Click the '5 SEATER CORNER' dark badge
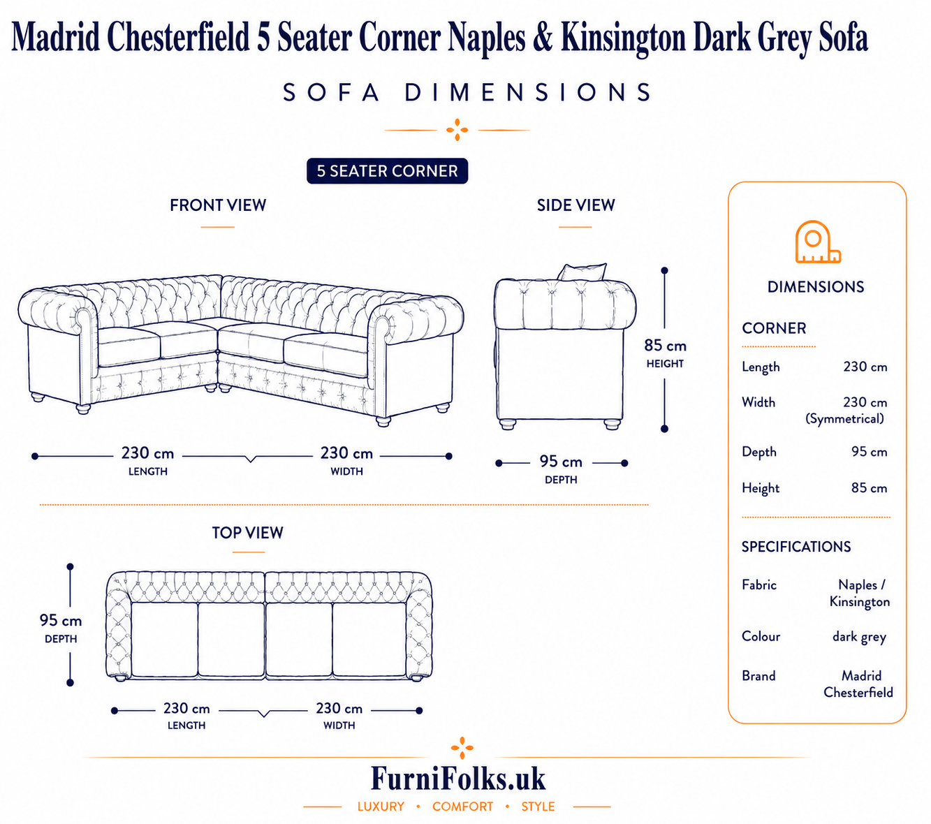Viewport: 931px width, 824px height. pyautogui.click(x=387, y=171)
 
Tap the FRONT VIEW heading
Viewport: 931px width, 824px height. pyautogui.click(x=218, y=205)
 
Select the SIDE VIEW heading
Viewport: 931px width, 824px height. pyautogui.click(x=576, y=205)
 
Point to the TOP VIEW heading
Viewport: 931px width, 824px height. pyautogui.click(x=248, y=533)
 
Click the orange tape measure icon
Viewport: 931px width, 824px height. pyautogui.click(x=817, y=242)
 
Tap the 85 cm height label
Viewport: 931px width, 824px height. pyautogui.click(x=665, y=353)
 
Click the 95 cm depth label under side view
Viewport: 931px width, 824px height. pyautogui.click(x=561, y=469)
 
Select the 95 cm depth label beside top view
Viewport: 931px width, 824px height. pyautogui.click(x=61, y=628)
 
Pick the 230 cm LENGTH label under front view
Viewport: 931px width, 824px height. pyautogui.click(x=147, y=460)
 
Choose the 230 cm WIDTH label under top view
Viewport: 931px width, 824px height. pyautogui.click(x=339, y=716)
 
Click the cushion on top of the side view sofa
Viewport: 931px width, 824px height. pyautogui.click(x=582, y=272)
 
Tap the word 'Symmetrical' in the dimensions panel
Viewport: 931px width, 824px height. pyautogui.click(x=844, y=419)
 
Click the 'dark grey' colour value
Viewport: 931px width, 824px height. pyautogui.click(x=859, y=637)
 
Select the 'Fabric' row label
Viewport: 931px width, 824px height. pyautogui.click(x=759, y=585)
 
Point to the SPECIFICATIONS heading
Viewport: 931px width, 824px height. pyautogui.click(x=796, y=546)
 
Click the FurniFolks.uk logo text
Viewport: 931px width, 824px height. pyautogui.click(x=458, y=778)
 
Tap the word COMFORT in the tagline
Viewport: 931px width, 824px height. pyautogui.click(x=463, y=807)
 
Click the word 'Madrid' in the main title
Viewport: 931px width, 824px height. pyautogui.click(x=56, y=37)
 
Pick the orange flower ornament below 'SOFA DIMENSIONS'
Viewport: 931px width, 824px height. pyautogui.click(x=457, y=130)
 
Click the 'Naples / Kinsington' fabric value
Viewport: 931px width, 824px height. pyautogui.click(x=860, y=594)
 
